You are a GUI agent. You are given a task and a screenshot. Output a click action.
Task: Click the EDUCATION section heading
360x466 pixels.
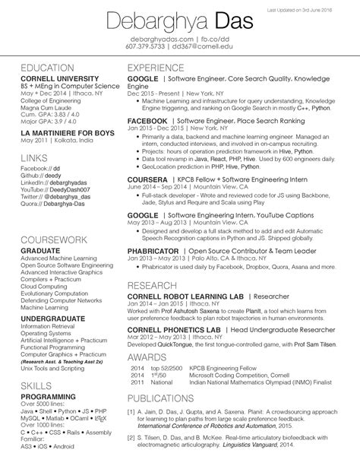[x=47, y=68]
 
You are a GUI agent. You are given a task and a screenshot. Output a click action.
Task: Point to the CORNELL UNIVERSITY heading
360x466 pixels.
[x=59, y=79]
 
